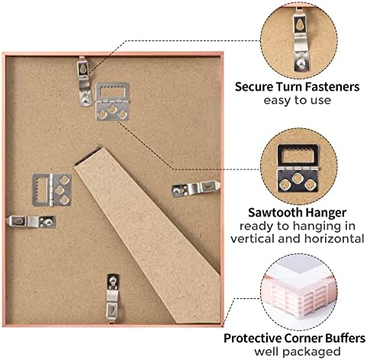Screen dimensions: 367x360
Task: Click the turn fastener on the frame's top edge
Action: click(x=85, y=82)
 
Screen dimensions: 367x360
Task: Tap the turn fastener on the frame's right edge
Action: click(x=195, y=188)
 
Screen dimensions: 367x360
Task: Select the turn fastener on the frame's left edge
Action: click(x=31, y=221)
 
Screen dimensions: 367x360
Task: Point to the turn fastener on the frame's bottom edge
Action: click(x=113, y=298)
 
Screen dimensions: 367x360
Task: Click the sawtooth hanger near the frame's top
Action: click(x=112, y=101)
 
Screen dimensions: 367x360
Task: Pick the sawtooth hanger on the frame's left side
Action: click(x=52, y=190)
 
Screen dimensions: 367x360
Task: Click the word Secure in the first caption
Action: click(x=254, y=87)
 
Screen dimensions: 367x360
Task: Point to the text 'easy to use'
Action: click(x=297, y=100)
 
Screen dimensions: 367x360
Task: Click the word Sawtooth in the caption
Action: click(x=275, y=213)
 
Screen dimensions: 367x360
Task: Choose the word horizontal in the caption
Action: click(x=333, y=239)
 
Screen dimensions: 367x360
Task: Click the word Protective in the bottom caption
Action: click(x=253, y=339)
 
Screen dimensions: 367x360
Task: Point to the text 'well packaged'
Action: click(x=298, y=352)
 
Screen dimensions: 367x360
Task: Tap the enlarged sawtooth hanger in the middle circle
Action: click(x=298, y=169)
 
